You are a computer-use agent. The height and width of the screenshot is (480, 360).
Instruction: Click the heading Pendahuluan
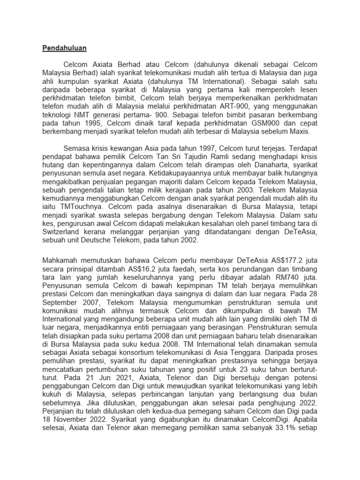point(65,47)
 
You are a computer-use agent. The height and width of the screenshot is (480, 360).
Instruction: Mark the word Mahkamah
point(61,261)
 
